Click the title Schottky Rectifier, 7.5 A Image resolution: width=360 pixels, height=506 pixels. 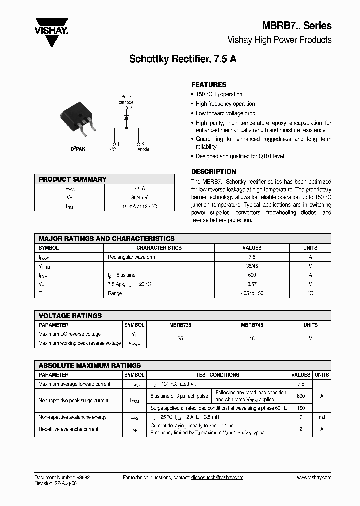click(x=183, y=59)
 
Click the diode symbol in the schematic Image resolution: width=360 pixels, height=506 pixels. click(x=126, y=117)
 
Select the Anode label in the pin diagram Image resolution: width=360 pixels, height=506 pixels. click(x=143, y=149)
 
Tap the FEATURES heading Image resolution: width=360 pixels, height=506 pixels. click(x=209, y=85)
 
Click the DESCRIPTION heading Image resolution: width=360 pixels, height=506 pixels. click(x=214, y=171)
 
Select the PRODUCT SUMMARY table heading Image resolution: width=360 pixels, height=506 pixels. click(x=73, y=179)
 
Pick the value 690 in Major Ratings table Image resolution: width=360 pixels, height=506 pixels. click(x=252, y=275)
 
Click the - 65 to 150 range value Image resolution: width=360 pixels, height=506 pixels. click(x=252, y=293)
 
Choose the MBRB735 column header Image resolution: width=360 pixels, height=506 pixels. click(x=180, y=325)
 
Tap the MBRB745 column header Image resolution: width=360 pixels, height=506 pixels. click(x=252, y=325)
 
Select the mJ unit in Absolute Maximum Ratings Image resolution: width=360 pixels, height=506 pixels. click(x=322, y=417)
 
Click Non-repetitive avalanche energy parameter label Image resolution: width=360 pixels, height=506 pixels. click(x=72, y=417)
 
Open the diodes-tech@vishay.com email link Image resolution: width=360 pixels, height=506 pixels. click(x=217, y=477)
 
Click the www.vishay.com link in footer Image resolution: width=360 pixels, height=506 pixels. click(x=314, y=477)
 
